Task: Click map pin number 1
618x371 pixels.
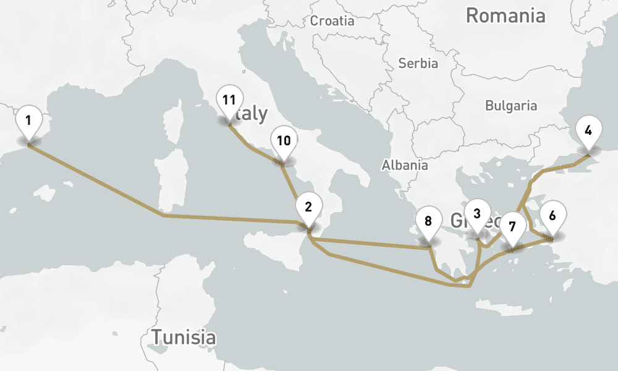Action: (28, 118)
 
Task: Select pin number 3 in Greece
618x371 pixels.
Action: (476, 213)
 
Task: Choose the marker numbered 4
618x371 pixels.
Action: (588, 130)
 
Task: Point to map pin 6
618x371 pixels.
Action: (552, 215)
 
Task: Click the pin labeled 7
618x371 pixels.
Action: (512, 226)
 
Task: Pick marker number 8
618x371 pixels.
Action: (428, 220)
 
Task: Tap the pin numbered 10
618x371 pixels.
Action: (284, 140)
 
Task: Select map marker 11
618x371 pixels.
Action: (229, 99)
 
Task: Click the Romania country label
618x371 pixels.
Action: (506, 15)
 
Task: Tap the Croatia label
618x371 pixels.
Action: (332, 21)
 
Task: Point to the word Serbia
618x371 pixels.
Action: (418, 63)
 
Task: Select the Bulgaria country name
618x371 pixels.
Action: (511, 105)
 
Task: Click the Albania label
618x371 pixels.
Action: (405, 165)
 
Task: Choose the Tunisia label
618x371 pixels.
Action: (184, 337)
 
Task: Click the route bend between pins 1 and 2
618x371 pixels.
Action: (163, 216)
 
